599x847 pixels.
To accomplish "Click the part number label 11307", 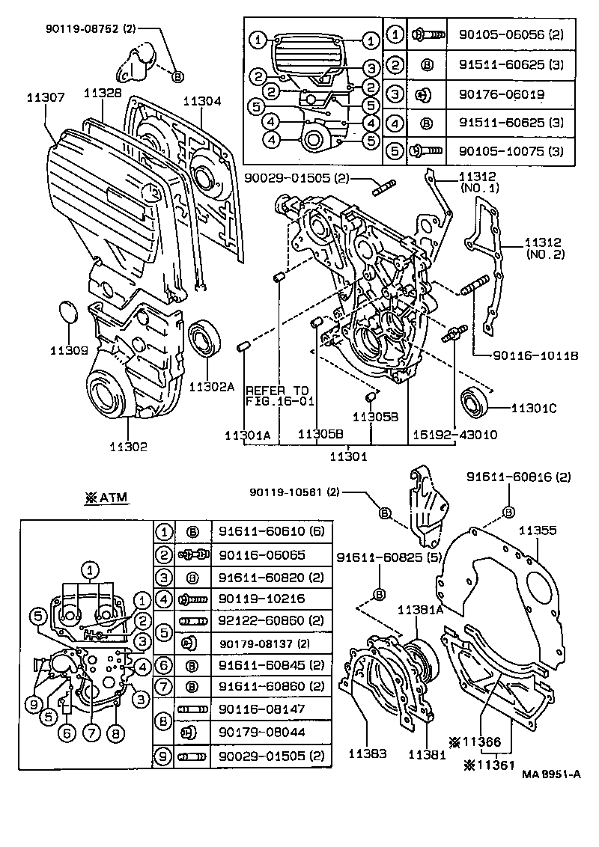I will (46, 97).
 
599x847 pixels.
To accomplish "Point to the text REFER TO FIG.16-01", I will (277, 396).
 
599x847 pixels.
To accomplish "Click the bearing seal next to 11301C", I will (475, 403).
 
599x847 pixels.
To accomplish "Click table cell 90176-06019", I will (496, 94).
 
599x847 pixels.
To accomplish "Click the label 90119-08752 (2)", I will (91, 30).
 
